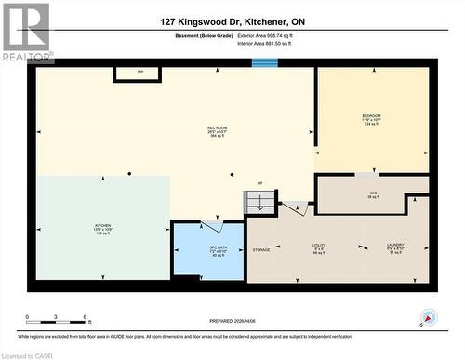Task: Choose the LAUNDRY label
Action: [x=395, y=248]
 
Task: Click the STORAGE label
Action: [x=261, y=249]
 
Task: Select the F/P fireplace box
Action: [x=140, y=73]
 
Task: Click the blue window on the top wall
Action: [x=265, y=63]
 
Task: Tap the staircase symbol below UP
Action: [x=259, y=201]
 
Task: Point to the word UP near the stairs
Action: [x=259, y=183]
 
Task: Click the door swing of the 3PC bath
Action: [x=213, y=226]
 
